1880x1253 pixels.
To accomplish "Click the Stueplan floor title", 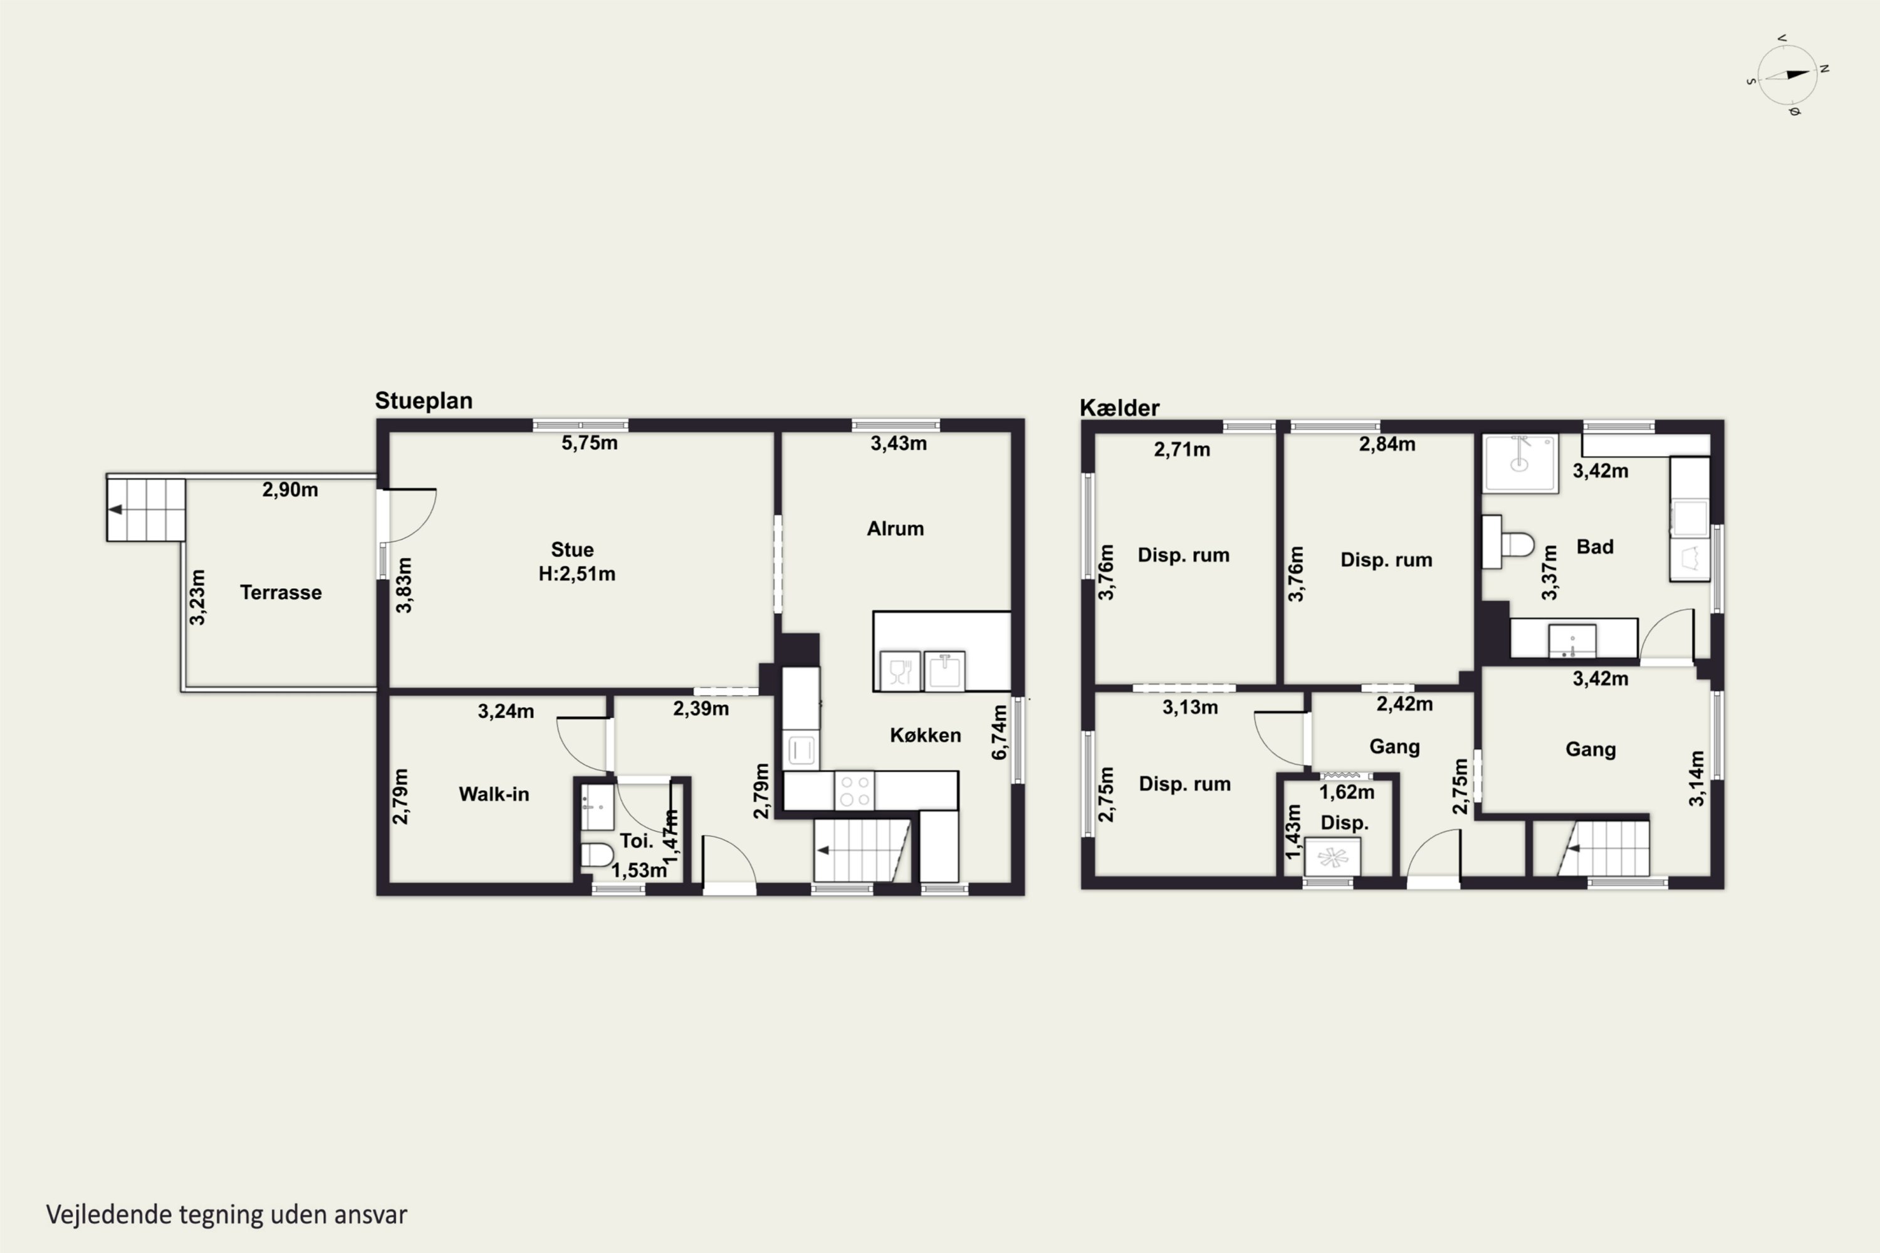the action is point(424,401).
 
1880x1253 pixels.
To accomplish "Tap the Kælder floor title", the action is point(1119,408).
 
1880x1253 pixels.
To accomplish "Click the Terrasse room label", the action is point(281,592).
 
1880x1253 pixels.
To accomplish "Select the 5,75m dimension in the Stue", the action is point(589,444).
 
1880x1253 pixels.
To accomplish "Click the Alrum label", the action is point(896,528).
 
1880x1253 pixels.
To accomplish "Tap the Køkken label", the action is point(926,735).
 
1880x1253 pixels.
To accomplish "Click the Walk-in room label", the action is point(494,794).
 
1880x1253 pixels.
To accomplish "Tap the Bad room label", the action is point(1595,546).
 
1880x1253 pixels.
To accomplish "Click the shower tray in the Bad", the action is point(1520,464).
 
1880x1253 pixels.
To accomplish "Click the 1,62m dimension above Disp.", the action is point(1347,793).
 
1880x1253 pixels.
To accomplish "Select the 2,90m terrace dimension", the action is point(290,490).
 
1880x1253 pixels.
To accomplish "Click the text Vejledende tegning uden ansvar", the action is point(227,1215).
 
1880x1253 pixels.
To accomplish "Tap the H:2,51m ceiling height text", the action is point(577,574).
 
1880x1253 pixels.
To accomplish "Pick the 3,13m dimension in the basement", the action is point(1190,707).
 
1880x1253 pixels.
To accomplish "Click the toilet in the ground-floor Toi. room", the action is point(597,855).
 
